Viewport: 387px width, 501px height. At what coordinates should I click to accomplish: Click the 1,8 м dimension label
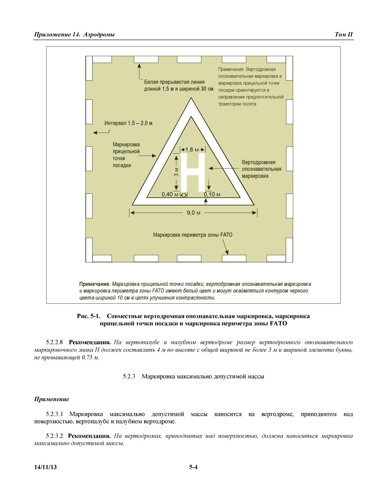coord(193,149)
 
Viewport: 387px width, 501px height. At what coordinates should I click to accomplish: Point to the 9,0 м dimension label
coord(193,213)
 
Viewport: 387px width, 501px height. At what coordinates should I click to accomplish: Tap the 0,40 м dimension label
coord(170,194)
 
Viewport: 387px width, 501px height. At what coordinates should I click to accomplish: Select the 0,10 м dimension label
coord(212,194)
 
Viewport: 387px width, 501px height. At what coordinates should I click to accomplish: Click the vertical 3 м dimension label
coord(176,172)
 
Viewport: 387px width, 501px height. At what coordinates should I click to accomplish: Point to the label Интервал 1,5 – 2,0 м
coord(128,123)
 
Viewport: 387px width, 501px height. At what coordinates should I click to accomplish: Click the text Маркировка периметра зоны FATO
coord(193,235)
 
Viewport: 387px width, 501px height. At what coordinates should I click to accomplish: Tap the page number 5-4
coord(193,467)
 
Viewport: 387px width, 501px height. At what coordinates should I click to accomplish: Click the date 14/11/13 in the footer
coord(45,467)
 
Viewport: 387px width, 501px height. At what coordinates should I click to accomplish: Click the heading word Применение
coord(52,399)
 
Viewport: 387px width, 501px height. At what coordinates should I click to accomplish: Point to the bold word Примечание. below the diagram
coord(95,284)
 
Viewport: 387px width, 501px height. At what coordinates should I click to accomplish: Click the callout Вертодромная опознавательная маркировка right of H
coord(261,169)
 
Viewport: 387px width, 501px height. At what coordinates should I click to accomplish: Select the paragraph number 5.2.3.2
coord(55,436)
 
